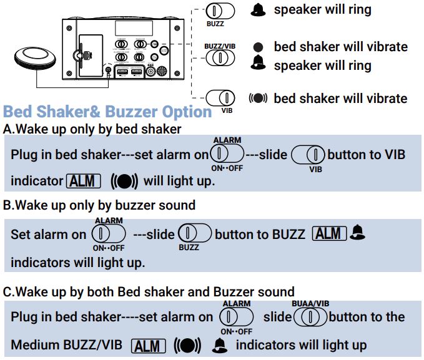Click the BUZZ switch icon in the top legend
(x=220, y=11)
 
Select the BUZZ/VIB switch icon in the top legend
(x=220, y=58)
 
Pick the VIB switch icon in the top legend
(x=220, y=98)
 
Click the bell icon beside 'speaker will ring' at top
(x=258, y=10)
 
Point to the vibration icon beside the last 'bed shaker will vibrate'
(x=259, y=99)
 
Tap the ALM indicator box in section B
(x=329, y=234)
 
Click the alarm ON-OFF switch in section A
(x=227, y=154)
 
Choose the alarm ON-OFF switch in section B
(x=109, y=235)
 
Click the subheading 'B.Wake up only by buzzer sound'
(x=99, y=205)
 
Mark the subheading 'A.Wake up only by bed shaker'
(x=92, y=129)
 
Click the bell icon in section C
(x=219, y=345)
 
